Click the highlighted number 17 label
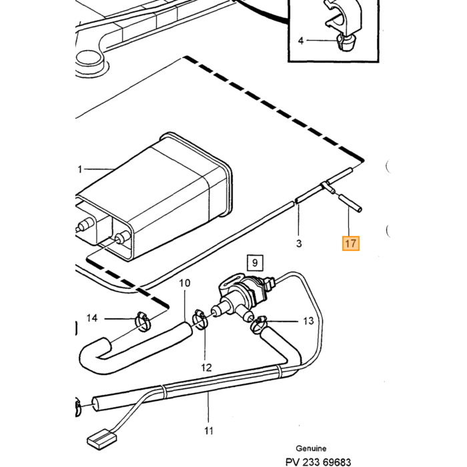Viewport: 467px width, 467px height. click(x=350, y=244)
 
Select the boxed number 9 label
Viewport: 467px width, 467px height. click(x=255, y=263)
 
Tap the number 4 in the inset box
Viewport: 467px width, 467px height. click(x=301, y=41)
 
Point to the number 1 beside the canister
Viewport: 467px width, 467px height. click(x=79, y=169)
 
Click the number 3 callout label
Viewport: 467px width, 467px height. click(x=299, y=244)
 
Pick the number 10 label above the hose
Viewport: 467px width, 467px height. click(x=185, y=283)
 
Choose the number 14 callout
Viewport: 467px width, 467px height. click(x=92, y=318)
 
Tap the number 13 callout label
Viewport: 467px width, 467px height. click(x=308, y=321)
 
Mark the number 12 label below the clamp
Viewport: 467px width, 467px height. click(x=206, y=368)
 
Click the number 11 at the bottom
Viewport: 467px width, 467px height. click(x=209, y=430)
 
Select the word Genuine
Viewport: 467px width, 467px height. click(x=311, y=448)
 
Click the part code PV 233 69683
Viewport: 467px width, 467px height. click(x=318, y=462)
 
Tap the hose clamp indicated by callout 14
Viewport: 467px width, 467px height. click(x=143, y=322)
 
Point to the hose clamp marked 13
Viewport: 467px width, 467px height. click(x=258, y=324)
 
